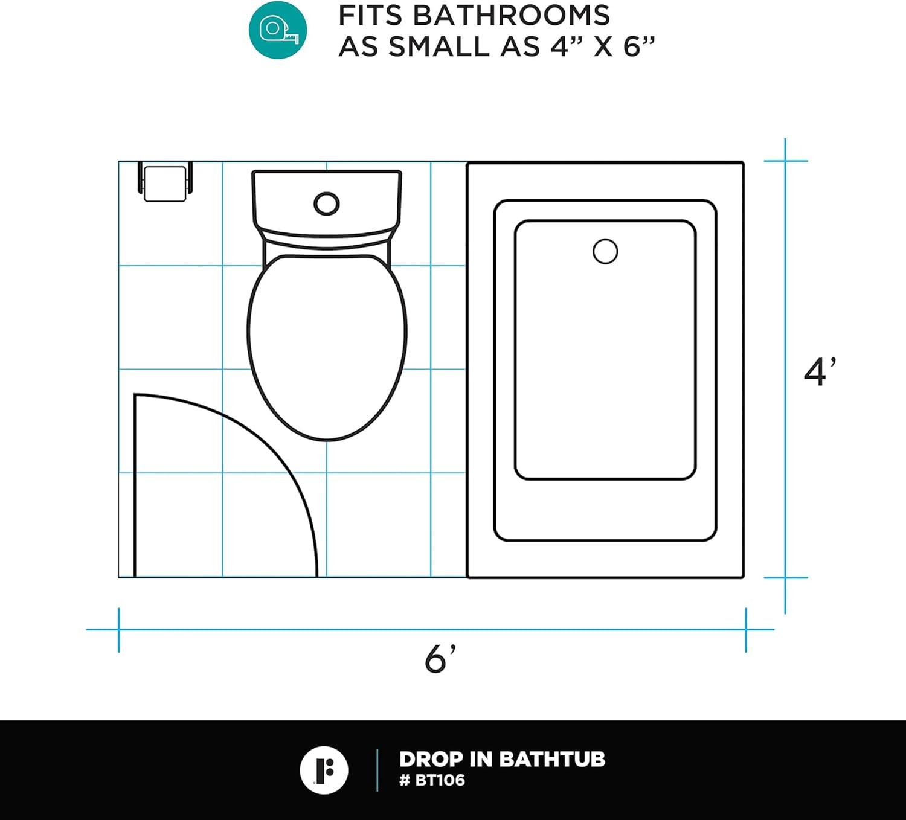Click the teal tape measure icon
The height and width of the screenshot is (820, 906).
pyautogui.click(x=278, y=30)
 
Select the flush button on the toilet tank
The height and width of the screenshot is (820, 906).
pyautogui.click(x=326, y=204)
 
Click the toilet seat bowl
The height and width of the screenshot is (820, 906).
pyautogui.click(x=327, y=347)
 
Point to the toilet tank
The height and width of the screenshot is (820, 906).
pyautogui.click(x=327, y=202)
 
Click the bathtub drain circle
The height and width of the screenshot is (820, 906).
pyautogui.click(x=605, y=251)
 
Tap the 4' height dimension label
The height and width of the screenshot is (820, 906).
pyautogui.click(x=819, y=371)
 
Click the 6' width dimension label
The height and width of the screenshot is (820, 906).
pyautogui.click(x=439, y=659)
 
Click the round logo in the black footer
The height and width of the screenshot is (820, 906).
pyautogui.click(x=324, y=770)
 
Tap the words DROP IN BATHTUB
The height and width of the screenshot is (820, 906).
pyautogui.click(x=502, y=759)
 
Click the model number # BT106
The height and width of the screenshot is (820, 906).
pyautogui.click(x=432, y=780)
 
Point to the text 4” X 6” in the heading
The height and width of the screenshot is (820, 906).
pyautogui.click(x=602, y=46)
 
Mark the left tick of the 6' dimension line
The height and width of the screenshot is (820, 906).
pyautogui.click(x=119, y=630)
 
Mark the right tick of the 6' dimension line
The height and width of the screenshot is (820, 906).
pyautogui.click(x=746, y=630)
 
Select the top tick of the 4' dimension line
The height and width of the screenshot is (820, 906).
pyautogui.click(x=785, y=161)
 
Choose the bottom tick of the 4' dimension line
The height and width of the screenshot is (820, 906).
pyautogui.click(x=785, y=578)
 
